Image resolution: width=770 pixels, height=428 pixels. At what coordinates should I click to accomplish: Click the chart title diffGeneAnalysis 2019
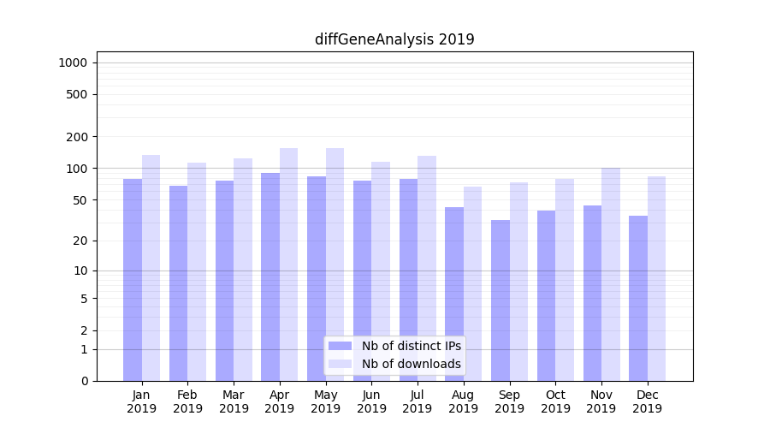pos(394,39)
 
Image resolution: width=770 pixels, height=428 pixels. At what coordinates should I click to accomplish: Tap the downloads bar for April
pos(288,265)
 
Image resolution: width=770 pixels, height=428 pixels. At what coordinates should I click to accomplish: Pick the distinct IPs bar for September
pos(500,300)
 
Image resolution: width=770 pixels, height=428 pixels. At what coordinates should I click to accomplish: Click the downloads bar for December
pos(656,278)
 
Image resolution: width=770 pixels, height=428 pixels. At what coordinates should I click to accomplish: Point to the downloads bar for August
pos(472,283)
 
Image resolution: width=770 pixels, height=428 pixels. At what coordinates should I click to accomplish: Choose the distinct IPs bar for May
pos(317,278)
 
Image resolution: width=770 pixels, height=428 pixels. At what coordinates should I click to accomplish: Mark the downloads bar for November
pos(610,274)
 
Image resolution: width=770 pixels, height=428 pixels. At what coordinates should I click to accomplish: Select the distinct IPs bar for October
pos(546,295)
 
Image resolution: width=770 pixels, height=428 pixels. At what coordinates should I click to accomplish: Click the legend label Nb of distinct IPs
pos(411,346)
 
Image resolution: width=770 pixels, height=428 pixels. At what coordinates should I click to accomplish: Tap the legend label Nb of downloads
pos(411,364)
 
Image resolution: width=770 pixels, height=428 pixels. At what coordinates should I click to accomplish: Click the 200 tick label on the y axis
pos(77,137)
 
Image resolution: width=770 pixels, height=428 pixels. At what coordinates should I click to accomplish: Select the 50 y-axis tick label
pos(80,200)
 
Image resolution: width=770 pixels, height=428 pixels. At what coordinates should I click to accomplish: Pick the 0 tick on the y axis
pos(84,381)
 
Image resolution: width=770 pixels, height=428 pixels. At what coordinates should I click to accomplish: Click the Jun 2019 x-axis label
pos(371,401)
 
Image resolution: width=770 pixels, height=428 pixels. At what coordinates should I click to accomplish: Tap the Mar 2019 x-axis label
pos(234,401)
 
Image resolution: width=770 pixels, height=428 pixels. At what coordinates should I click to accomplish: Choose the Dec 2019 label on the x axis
pos(647,401)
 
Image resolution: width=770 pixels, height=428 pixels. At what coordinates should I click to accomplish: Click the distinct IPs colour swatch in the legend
pos(340,346)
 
